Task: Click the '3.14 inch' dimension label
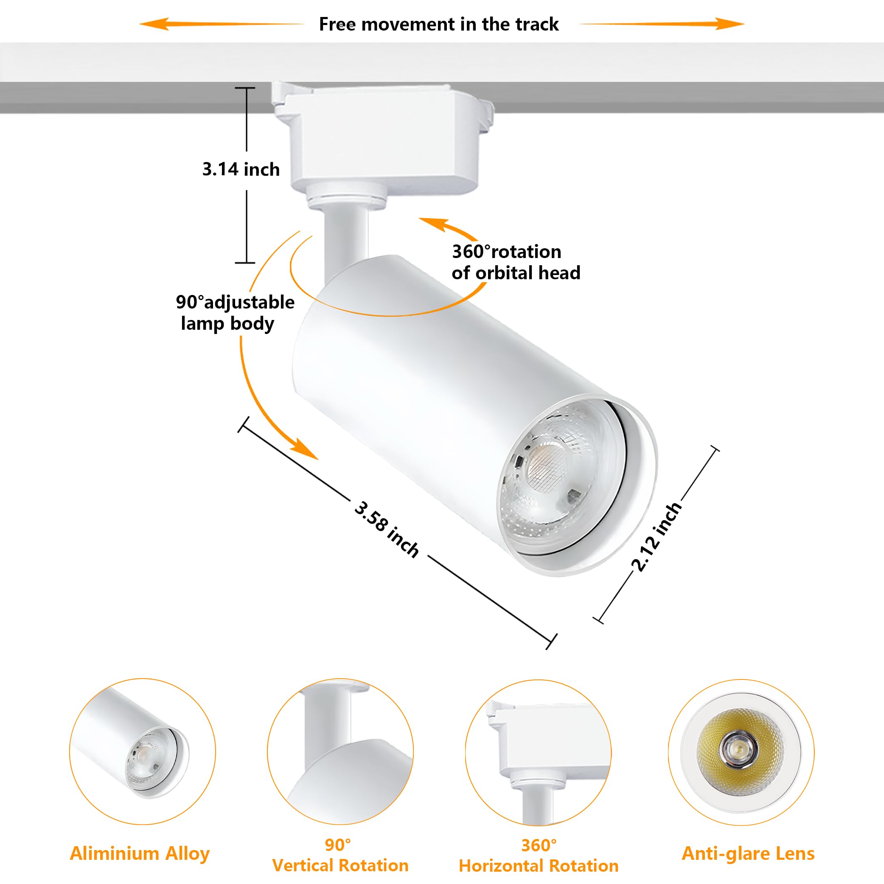(x=241, y=169)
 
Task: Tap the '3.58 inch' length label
(x=387, y=529)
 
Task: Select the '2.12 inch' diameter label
(x=657, y=537)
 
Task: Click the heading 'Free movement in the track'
(x=438, y=24)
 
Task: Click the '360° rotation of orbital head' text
(x=516, y=262)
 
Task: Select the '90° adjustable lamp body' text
(x=235, y=312)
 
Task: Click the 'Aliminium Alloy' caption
(x=140, y=853)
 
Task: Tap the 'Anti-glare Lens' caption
(x=748, y=853)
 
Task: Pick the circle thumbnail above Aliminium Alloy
(x=142, y=751)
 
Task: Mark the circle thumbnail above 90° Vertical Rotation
(x=340, y=751)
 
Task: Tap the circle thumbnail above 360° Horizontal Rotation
(x=539, y=752)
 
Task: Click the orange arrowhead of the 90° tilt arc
(x=304, y=449)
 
